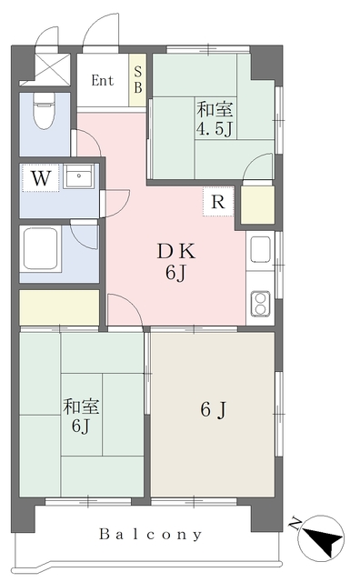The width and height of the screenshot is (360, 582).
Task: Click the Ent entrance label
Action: [103, 80]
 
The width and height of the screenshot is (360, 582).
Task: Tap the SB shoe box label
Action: [138, 80]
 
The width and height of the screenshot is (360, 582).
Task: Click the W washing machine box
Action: [40, 178]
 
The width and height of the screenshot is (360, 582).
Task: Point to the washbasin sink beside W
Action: [80, 177]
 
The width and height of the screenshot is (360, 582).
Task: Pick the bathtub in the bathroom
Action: [43, 249]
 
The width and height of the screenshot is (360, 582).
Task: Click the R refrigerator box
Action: [218, 202]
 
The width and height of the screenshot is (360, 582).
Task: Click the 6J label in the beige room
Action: [212, 411]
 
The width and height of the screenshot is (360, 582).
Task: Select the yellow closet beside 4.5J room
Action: [257, 206]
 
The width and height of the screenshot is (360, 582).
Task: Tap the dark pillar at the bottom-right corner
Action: [265, 515]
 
